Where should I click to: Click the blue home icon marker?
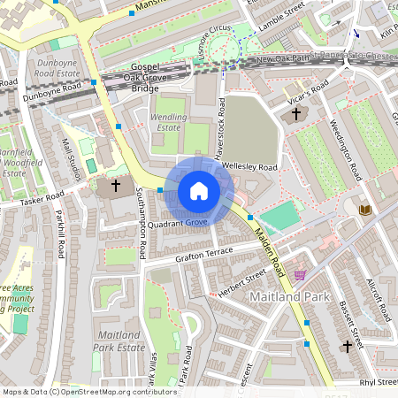pyautogui.click(x=199, y=191)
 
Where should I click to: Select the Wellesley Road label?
pyautogui.click(x=250, y=166)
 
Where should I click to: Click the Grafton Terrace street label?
pyautogui.click(x=203, y=252)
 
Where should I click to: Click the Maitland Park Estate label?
pyautogui.click(x=118, y=341)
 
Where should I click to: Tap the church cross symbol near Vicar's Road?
pyautogui.click(x=296, y=114)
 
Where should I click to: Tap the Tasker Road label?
pyautogui.click(x=43, y=199)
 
